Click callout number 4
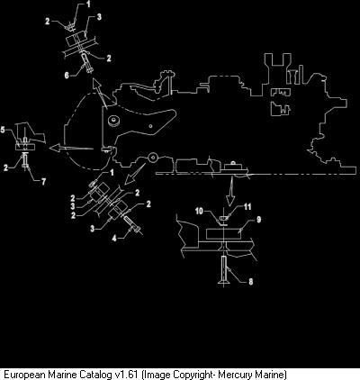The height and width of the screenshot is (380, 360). [x=114, y=239]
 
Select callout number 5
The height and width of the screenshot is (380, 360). [x=3, y=130]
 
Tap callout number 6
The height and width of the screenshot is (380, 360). [x=67, y=75]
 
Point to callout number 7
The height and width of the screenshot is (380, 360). [x=43, y=182]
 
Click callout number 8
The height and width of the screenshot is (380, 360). [x=250, y=282]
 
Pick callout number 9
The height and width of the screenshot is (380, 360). [x=258, y=220]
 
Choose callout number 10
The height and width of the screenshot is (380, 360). [x=199, y=211]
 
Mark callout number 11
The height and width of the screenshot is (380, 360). [x=247, y=206]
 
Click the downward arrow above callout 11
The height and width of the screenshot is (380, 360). [x=230, y=191]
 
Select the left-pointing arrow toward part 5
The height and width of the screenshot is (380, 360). [x=71, y=148]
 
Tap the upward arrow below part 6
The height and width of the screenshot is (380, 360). [x=101, y=93]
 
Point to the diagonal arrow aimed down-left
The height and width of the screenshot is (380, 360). [x=135, y=174]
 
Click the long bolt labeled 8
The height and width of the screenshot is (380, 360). [x=223, y=269]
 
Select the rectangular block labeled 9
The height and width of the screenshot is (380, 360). [x=224, y=234]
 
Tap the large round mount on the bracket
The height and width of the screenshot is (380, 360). [x=114, y=120]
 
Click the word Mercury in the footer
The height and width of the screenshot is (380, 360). [x=235, y=375]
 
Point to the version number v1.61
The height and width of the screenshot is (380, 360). [x=126, y=375]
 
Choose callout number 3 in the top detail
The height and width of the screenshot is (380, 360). [x=99, y=17]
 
